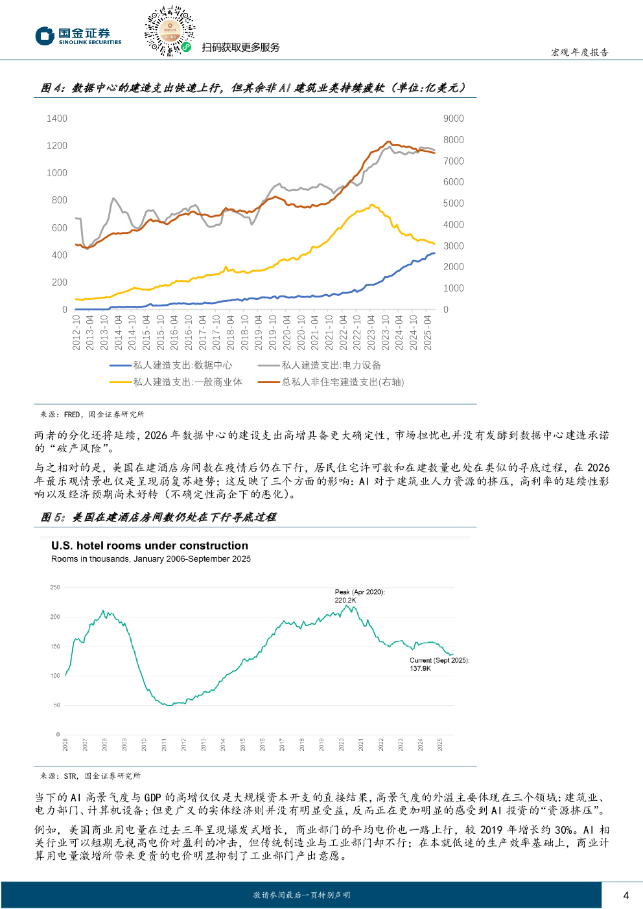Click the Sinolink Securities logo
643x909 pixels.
point(78,36)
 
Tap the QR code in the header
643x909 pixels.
point(169,30)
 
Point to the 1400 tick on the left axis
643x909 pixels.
point(57,119)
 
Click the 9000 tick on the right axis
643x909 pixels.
point(453,119)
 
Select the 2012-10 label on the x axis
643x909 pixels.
point(76,333)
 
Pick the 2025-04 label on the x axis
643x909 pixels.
point(427,333)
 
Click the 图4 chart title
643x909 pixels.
point(253,88)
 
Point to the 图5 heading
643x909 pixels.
point(158,517)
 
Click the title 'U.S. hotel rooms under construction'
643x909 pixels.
point(150,546)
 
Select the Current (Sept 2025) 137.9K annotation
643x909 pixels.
point(439,664)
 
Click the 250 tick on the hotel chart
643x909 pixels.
point(55,588)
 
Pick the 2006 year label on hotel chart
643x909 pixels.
point(65,744)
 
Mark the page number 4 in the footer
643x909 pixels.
point(625,895)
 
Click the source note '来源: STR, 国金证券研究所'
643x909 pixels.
point(90,776)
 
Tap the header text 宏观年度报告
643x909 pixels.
point(579,52)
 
